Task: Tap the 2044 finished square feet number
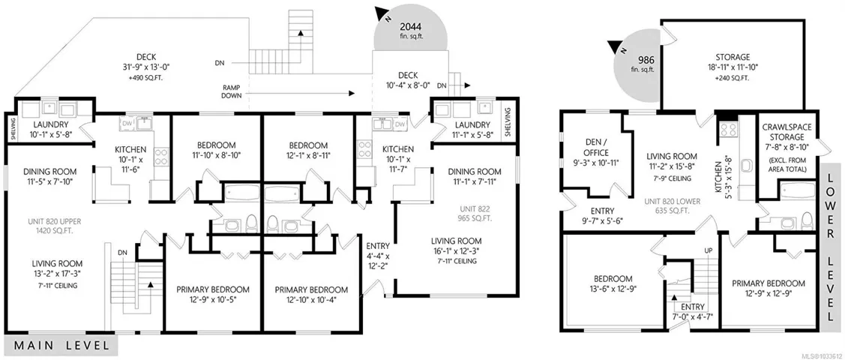point(411,25)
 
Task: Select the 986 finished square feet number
point(646,60)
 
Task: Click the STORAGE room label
point(733,57)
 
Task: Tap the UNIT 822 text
point(474,209)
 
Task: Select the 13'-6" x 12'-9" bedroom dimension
point(613,289)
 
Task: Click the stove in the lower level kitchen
point(729,128)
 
